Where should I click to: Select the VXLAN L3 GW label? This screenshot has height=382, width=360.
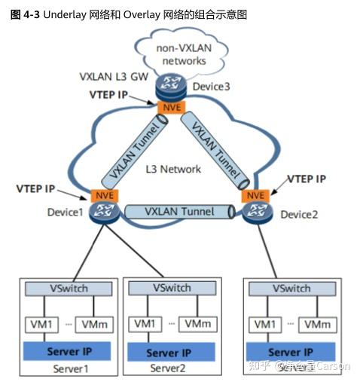113,78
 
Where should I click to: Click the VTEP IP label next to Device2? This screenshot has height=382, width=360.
307,179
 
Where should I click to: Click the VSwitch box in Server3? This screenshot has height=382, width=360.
291,289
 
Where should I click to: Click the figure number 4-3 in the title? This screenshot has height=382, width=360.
29,14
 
